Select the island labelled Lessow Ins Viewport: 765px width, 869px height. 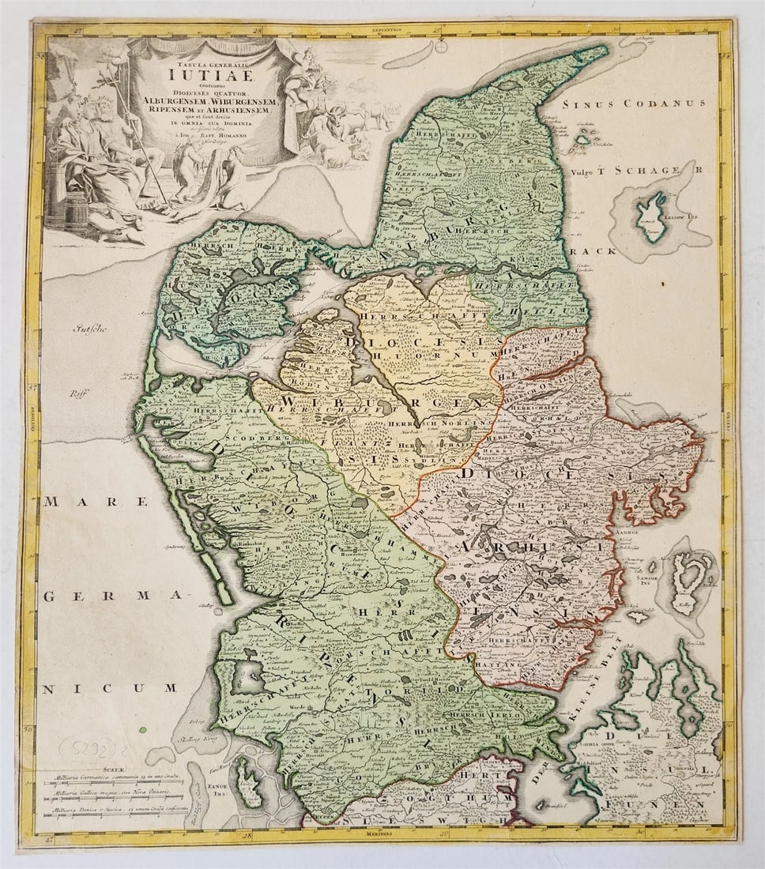click(x=651, y=213)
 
